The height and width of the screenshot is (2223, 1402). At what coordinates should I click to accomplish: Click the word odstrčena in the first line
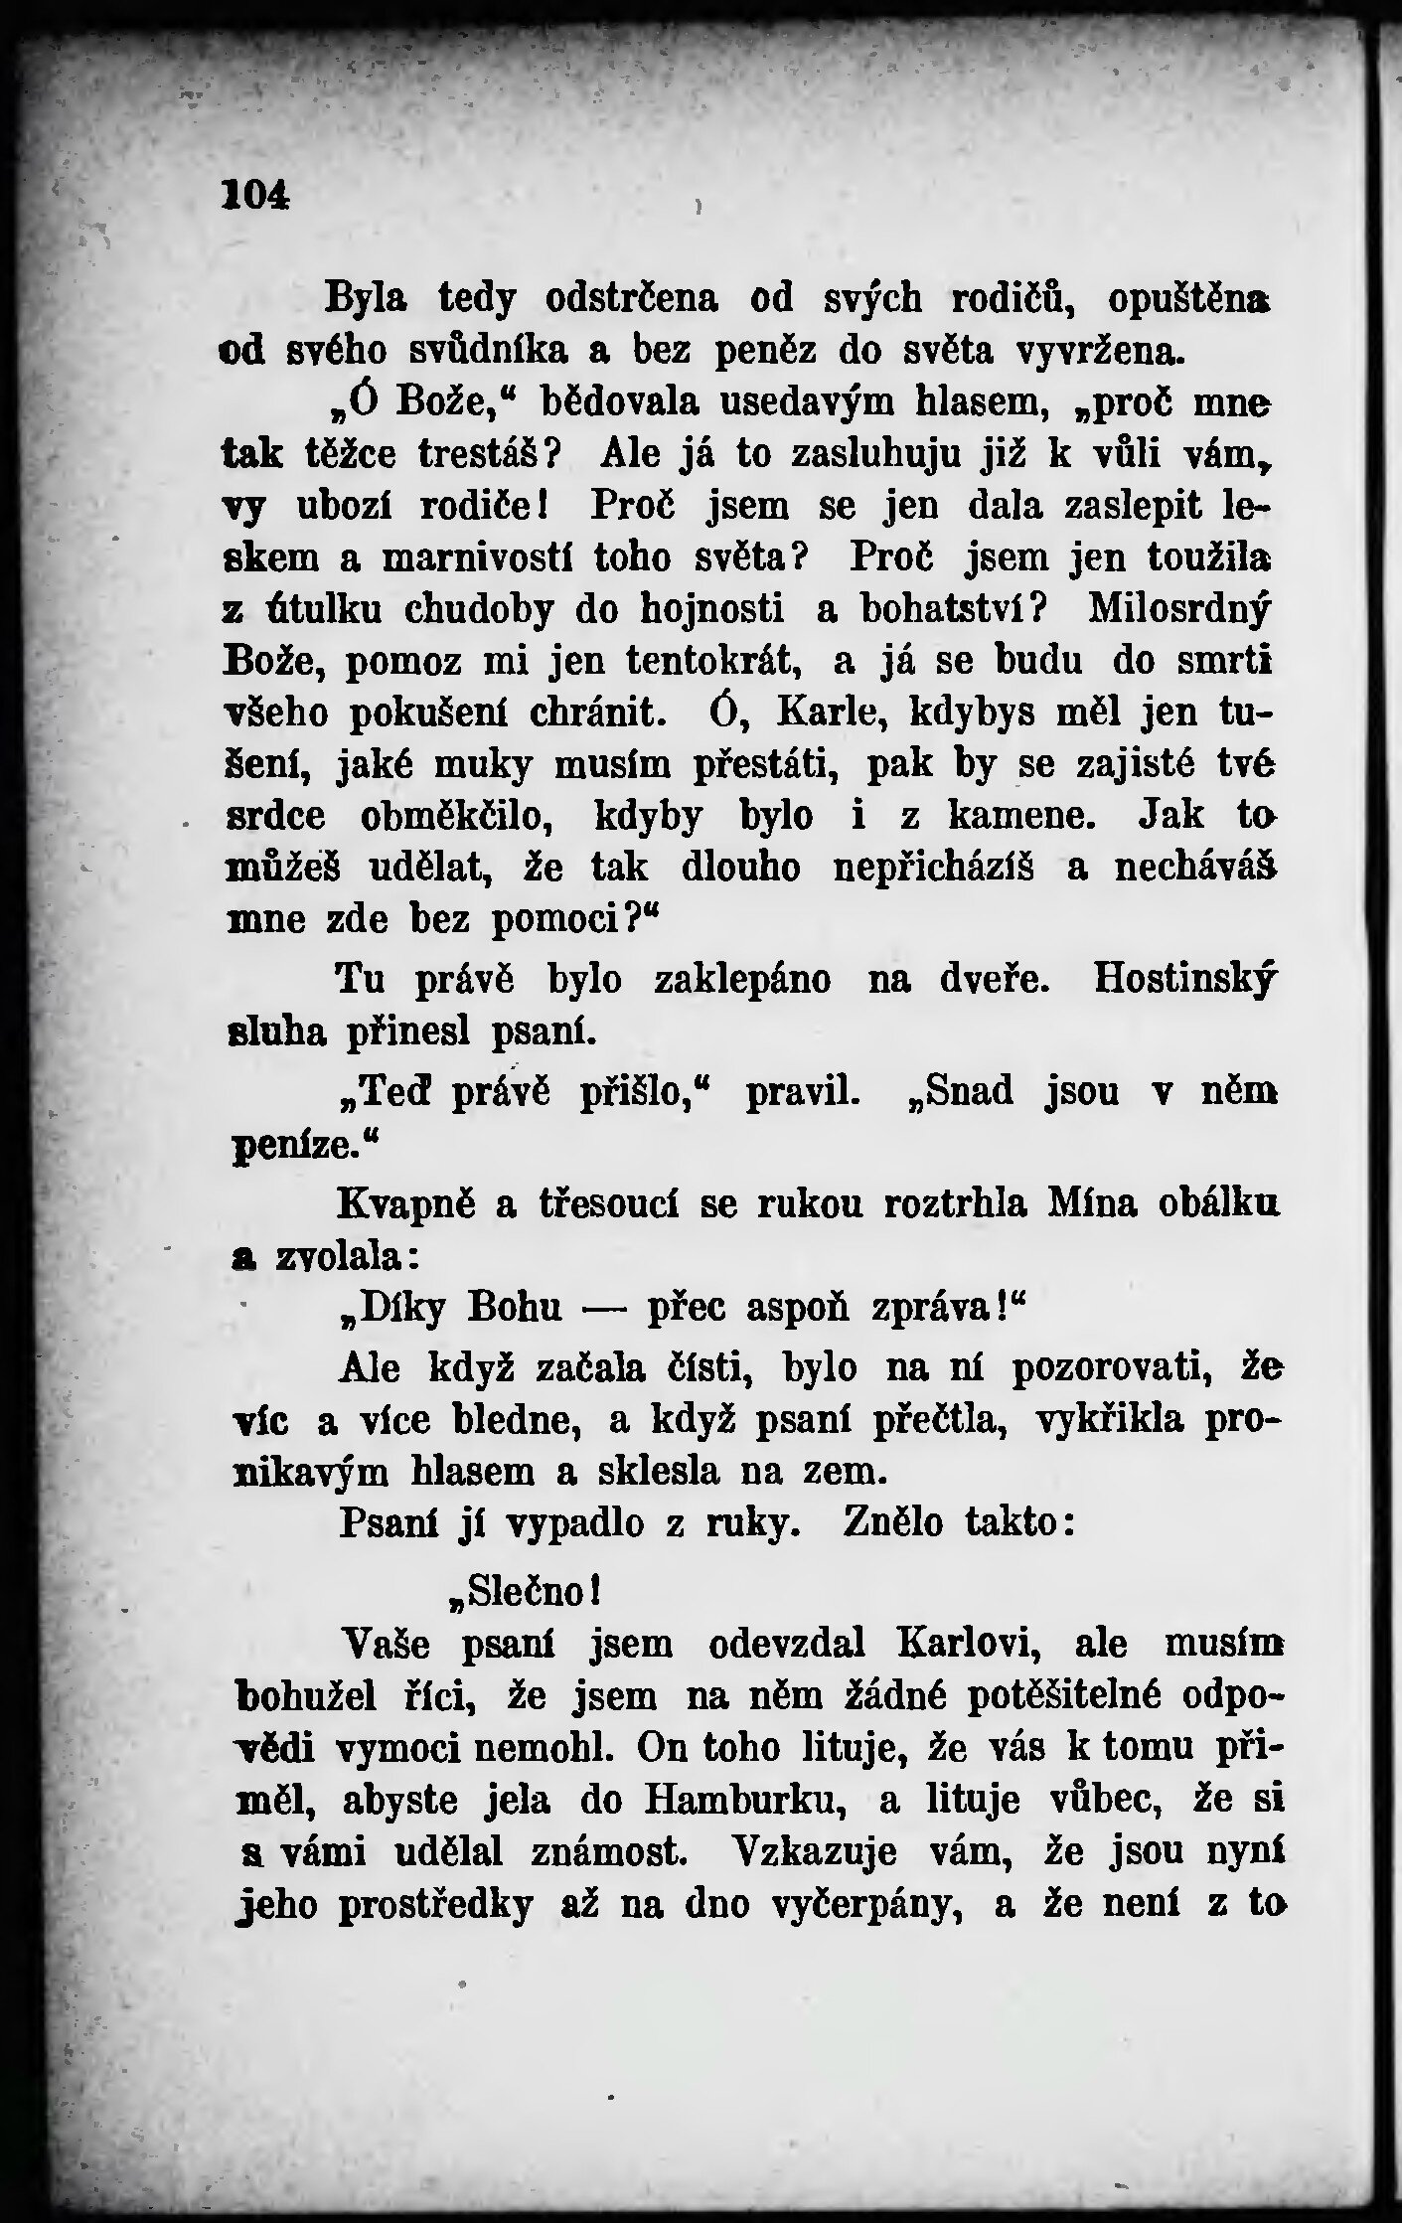click(630, 299)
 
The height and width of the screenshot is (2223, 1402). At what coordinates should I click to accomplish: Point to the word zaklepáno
click(743, 981)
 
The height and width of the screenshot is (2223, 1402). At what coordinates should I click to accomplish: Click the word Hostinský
click(1183, 981)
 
